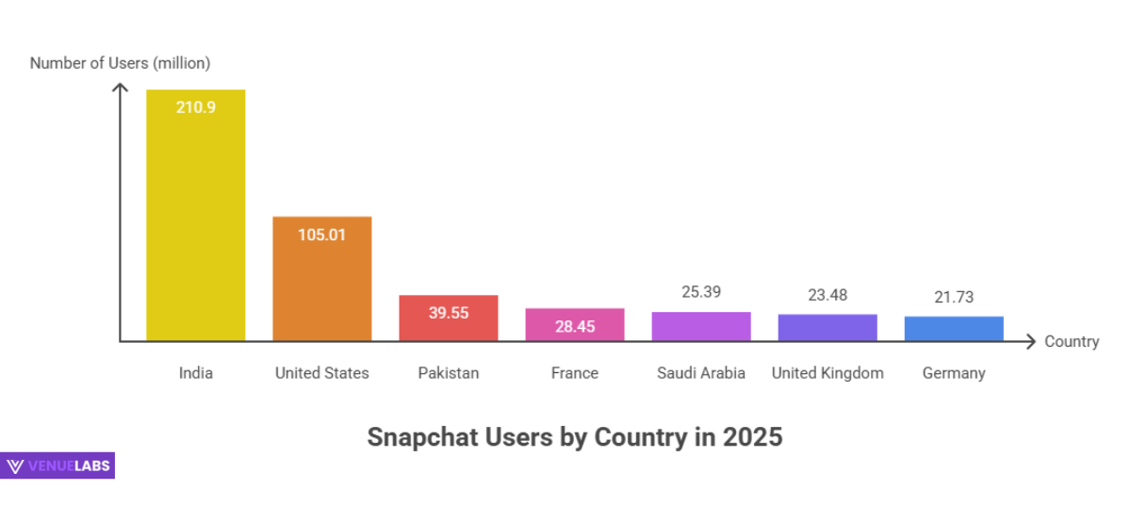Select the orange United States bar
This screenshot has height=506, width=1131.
[321, 283]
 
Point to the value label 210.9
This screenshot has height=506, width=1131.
[195, 107]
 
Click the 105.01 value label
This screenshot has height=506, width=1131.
[321, 235]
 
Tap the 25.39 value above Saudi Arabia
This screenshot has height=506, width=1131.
[700, 292]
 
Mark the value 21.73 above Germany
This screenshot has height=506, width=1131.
[953, 297]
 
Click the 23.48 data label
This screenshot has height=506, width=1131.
[827, 295]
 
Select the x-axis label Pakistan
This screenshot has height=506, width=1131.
[448, 373]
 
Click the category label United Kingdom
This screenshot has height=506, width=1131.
[827, 373]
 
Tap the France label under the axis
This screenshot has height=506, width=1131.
[574, 373]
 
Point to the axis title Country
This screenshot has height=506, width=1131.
[1072, 341]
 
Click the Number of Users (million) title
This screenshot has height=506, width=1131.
[120, 63]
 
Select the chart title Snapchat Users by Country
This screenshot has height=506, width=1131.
[574, 437]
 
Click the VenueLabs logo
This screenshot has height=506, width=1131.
[57, 465]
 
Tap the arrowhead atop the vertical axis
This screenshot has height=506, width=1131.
[120, 88]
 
